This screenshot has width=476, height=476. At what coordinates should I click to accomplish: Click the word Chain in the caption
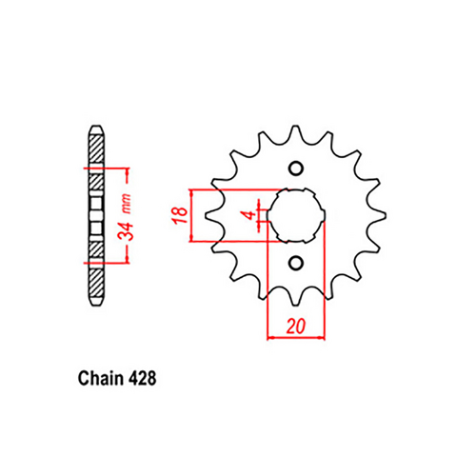(x=94, y=377)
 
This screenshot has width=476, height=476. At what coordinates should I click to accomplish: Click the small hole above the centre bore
(x=295, y=170)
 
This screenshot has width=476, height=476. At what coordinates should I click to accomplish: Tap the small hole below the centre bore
(x=295, y=263)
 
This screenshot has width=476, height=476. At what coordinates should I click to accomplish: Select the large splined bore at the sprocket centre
(x=296, y=216)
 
